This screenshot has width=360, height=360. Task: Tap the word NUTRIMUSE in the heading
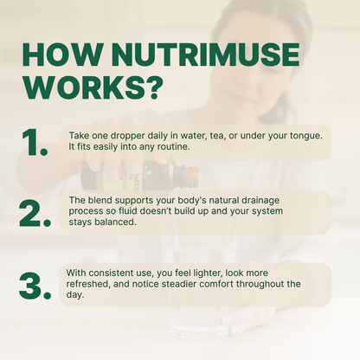pyautogui.click(x=209, y=55)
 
